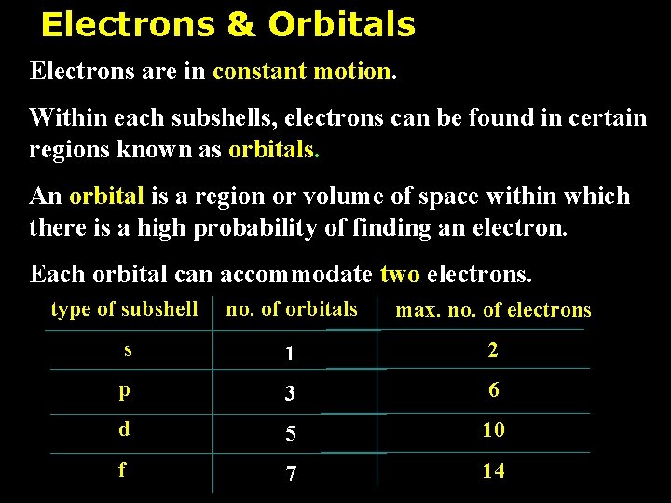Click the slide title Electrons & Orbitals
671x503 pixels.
[227, 25]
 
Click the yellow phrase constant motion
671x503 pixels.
[303, 71]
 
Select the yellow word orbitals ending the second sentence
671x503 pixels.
[273, 149]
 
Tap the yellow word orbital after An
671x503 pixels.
[106, 197]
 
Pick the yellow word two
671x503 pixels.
[400, 274]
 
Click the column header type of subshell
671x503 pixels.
[124, 309]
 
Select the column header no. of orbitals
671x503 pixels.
[292, 309]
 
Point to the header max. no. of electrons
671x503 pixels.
[493, 310]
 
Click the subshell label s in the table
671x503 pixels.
[128, 350]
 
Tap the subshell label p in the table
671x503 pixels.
[125, 391]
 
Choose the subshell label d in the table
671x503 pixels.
[124, 429]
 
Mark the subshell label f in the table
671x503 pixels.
[122, 469]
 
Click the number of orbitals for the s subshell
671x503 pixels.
[291, 354]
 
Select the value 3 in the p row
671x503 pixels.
[291, 394]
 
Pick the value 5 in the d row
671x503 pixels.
[291, 434]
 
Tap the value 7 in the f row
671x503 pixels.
[292, 474]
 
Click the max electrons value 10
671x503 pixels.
[493, 430]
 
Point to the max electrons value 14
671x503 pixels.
[493, 471]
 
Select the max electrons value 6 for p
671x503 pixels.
[493, 390]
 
